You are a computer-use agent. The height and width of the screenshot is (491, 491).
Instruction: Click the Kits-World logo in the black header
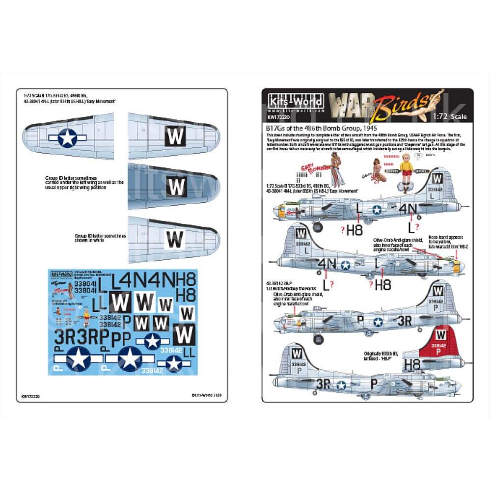pyautogui.click(x=293, y=102)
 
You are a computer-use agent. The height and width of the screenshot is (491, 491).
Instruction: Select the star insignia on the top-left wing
pyautogui.click(x=65, y=139)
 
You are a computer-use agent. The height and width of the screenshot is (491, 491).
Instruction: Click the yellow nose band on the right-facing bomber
pyautogui.click(x=457, y=267)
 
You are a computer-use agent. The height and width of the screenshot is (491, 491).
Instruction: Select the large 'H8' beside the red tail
pyautogui.click(x=413, y=363)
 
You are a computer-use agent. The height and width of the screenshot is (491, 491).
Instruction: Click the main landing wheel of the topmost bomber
pyautogui.click(x=316, y=226)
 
